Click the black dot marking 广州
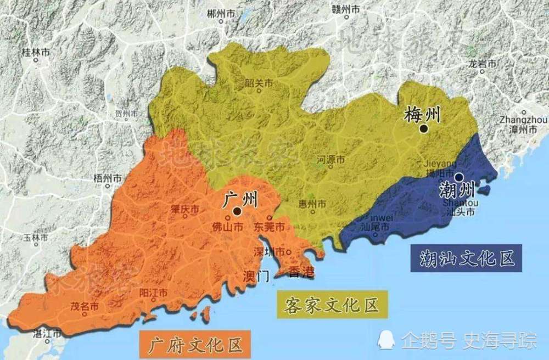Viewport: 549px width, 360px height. pyautogui.click(x=237, y=211)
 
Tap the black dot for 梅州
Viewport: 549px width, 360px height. pyautogui.click(x=423, y=128)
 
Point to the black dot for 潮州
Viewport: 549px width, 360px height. pyautogui.click(x=458, y=177)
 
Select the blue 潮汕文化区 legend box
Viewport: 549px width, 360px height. pyautogui.click(x=465, y=257)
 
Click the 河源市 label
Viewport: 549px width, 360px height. pyautogui.click(x=331, y=160)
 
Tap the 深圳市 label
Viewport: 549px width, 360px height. pyautogui.click(x=268, y=252)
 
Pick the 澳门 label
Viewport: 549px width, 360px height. pyautogui.click(x=256, y=274)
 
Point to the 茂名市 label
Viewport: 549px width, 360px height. pyautogui.click(x=87, y=306)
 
